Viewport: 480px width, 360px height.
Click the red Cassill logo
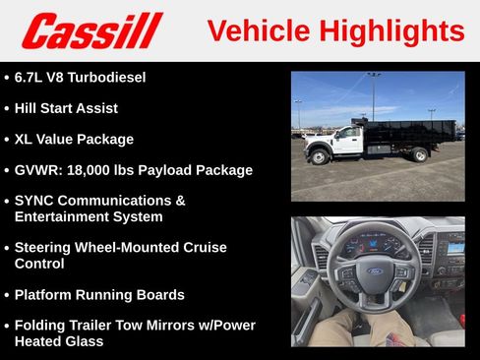click(91, 31)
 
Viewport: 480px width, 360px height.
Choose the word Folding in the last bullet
click(41, 326)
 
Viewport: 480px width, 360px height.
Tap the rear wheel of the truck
click(420, 154)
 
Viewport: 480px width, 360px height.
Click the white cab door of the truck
click(348, 141)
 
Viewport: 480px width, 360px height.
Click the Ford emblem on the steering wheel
click(375, 271)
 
